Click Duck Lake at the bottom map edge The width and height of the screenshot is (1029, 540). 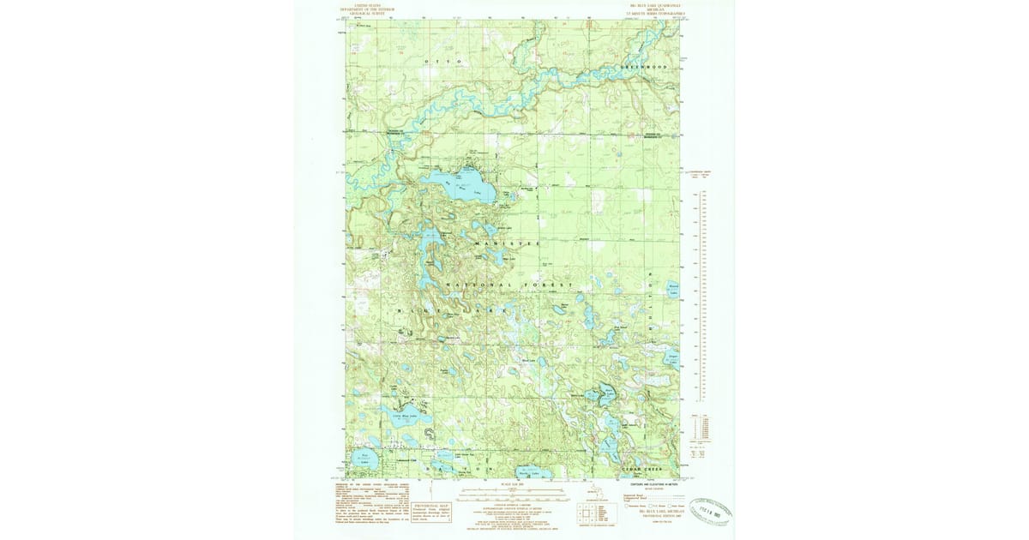click(x=522, y=472)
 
